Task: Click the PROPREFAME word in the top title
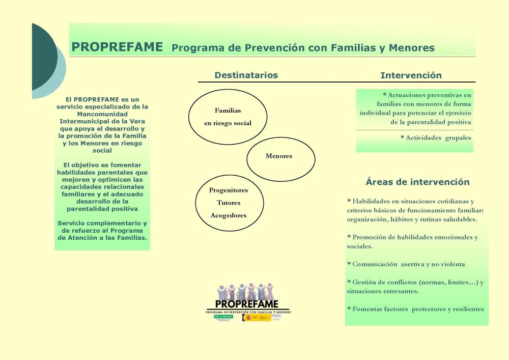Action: pos(117,47)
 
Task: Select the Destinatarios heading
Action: pos(246,75)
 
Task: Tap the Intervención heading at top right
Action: pos(411,76)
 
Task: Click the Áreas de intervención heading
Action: pos(417,182)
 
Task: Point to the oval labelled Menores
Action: pos(280,158)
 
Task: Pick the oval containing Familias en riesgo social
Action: pos(228,117)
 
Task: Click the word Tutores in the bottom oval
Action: pos(229,203)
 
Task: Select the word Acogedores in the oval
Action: pos(229,215)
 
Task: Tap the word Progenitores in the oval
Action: pos(229,190)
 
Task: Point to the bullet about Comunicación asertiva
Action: pos(406,264)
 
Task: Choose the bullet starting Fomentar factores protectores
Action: pos(415,309)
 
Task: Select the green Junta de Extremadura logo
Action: pos(223,317)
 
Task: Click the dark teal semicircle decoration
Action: pos(43,56)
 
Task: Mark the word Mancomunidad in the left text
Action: pos(102,114)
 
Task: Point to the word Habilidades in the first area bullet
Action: pos(374,201)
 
